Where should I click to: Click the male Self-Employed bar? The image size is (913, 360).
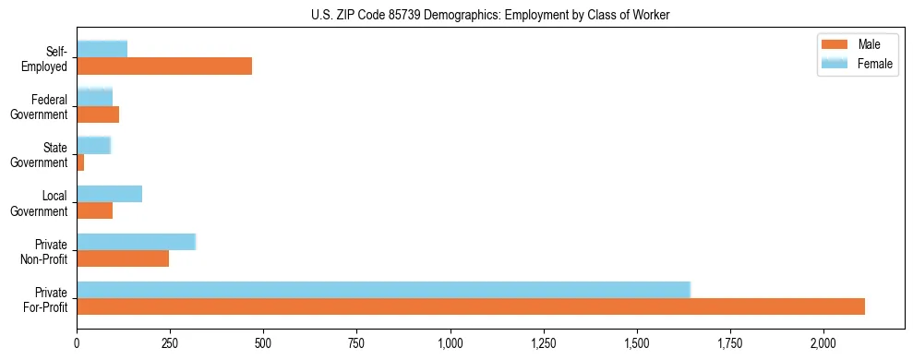[164, 66]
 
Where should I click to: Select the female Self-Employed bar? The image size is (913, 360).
[102, 49]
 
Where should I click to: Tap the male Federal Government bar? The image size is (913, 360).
[98, 114]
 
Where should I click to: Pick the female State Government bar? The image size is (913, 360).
[93, 145]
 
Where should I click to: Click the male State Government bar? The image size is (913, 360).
[80, 162]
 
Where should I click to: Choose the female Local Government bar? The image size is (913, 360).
[109, 193]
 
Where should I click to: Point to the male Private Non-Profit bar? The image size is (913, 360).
[123, 258]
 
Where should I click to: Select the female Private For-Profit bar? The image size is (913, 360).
[383, 289]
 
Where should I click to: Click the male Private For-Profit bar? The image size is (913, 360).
[471, 306]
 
